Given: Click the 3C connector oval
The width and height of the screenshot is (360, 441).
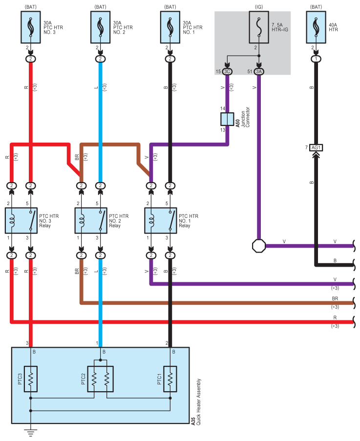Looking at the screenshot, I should (227, 72).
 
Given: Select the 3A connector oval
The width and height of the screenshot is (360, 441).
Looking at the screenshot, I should (258, 72).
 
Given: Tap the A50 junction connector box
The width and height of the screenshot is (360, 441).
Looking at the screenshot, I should (227, 119).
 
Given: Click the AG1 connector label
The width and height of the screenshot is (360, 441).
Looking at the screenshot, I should (317, 147).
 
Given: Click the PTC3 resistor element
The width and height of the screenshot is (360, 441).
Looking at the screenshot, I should (31, 379).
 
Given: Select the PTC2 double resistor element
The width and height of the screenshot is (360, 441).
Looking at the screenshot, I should (100, 379).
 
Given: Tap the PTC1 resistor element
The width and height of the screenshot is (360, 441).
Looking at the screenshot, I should (170, 379).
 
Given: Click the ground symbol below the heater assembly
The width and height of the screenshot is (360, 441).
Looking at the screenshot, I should (31, 432).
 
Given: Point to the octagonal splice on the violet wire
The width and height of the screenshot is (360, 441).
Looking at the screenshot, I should (258, 245).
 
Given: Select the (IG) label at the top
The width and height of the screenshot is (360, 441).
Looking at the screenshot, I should (258, 7).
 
